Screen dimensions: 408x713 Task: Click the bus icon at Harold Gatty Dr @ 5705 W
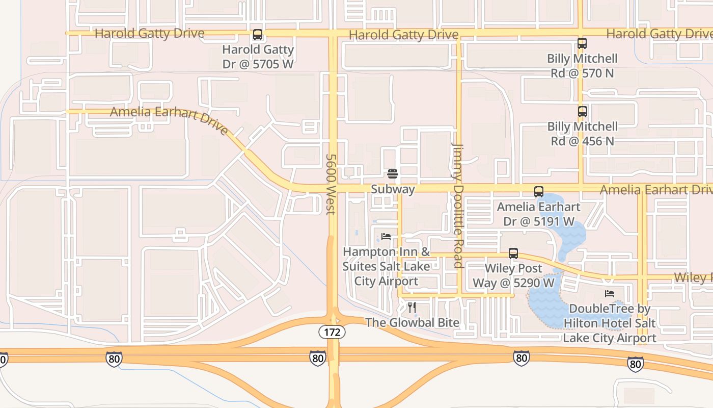(258, 35)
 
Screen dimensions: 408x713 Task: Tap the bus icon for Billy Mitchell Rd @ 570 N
(582, 43)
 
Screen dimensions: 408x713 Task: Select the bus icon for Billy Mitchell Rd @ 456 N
(582, 111)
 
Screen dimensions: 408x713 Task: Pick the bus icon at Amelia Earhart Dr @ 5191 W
(538, 192)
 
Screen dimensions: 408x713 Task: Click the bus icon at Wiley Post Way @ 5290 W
(513, 253)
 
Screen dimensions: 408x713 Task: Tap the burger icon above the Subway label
(392, 174)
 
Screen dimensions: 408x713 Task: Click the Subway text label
(392, 189)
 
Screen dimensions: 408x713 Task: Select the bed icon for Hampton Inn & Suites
(386, 237)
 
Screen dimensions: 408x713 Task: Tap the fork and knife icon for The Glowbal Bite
(412, 307)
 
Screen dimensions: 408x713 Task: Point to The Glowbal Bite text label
(412, 323)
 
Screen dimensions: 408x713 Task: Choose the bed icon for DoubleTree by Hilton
(609, 294)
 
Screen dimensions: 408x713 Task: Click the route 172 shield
(332, 333)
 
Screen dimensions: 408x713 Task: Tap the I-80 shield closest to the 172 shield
(317, 359)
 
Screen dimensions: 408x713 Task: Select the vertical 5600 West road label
(331, 185)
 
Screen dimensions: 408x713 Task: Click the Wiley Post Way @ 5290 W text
(513, 275)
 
